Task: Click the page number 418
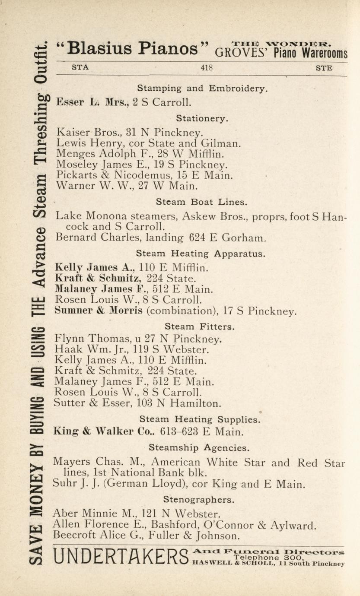pyautogui.click(x=207, y=68)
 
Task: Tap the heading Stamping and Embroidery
pyautogui.click(x=202, y=89)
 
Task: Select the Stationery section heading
pyautogui.click(x=202, y=117)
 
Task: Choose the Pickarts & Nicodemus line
pyautogui.click(x=144, y=176)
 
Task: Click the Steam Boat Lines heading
pyautogui.click(x=202, y=202)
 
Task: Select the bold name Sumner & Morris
pyautogui.click(x=98, y=311)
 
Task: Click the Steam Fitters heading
pyautogui.click(x=200, y=327)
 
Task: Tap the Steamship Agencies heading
pyautogui.click(x=199, y=447)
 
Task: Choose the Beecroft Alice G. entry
pyautogui.click(x=146, y=536)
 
